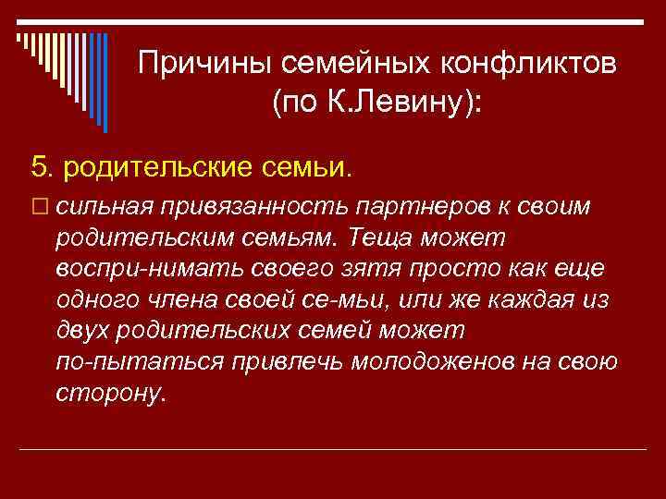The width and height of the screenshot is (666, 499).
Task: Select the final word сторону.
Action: (112, 393)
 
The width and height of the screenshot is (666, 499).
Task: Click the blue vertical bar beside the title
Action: (105, 83)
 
